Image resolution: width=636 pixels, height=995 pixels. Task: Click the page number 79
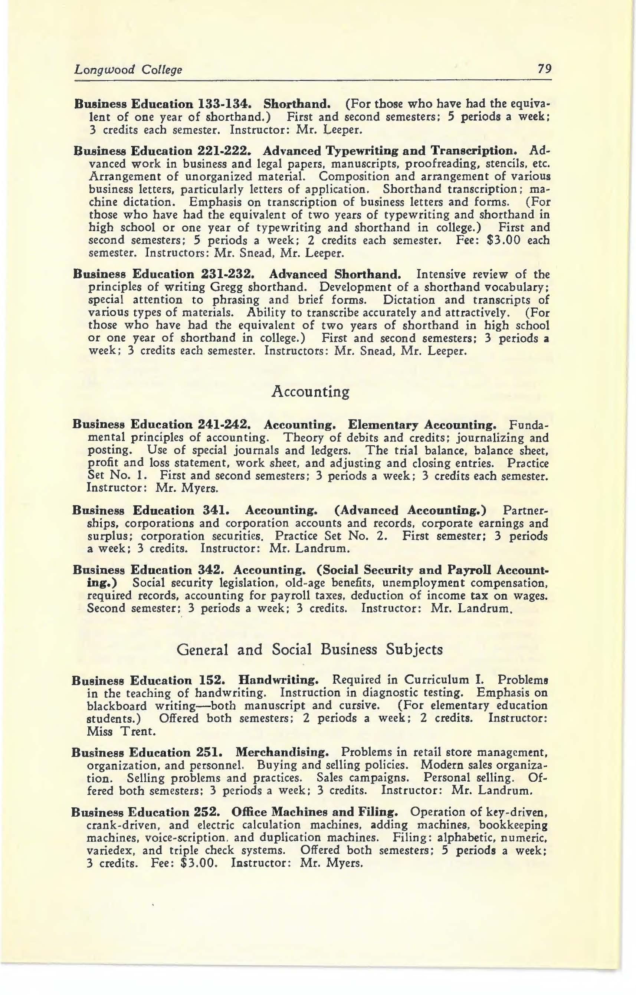coord(544,69)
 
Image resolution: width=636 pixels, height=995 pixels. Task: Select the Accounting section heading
coord(310,391)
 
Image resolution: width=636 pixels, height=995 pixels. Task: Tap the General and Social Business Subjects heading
coord(309,650)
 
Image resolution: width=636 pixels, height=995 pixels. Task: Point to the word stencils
coord(502,164)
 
